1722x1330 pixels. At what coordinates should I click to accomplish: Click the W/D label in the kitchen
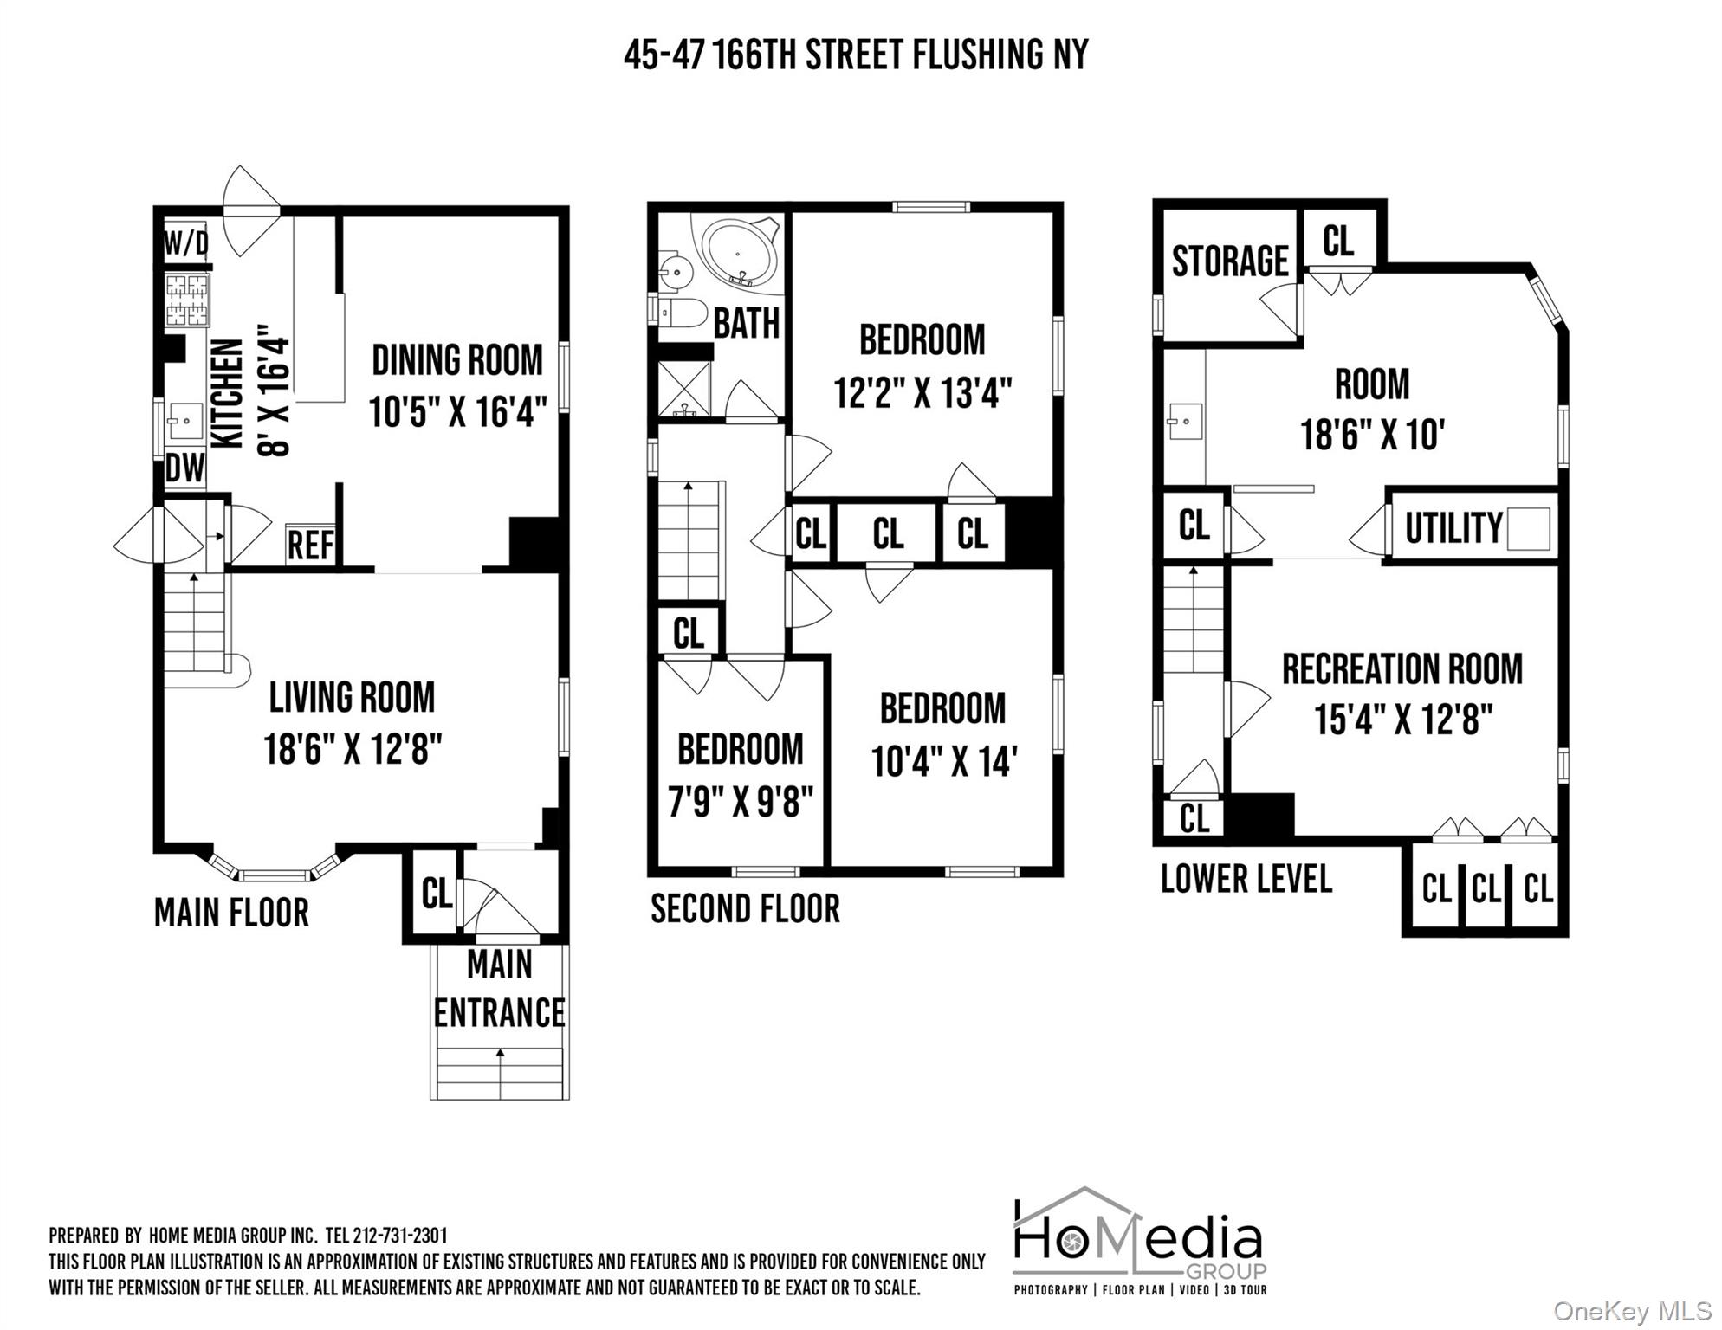coord(186,243)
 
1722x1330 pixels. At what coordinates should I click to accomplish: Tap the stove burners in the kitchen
coord(187,300)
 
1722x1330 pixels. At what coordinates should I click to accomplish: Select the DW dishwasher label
coord(185,468)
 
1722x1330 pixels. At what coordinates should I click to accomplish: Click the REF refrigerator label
coord(310,546)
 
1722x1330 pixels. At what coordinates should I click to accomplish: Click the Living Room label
coord(352,697)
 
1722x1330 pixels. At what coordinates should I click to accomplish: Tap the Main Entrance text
coord(499,988)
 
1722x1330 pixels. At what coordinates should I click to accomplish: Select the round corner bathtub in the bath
coord(738,253)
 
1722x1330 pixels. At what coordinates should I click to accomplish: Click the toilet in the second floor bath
coord(683,312)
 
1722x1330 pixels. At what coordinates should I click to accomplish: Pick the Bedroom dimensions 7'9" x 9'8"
coord(741,802)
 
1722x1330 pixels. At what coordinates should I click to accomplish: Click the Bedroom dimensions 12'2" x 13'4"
coord(922,392)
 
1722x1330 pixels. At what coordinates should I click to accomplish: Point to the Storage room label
coord(1230,261)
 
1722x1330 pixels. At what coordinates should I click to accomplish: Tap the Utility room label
coord(1453,527)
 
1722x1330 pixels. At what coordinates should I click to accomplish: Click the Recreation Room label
coord(1402,669)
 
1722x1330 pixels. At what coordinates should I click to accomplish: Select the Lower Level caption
coord(1246,879)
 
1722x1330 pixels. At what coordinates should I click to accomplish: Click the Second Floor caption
coord(745,908)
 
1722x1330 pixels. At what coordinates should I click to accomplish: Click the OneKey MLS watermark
coord(1631,1311)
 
